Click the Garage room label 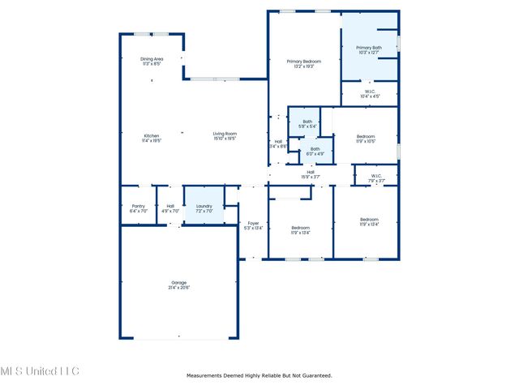pyautogui.click(x=178, y=283)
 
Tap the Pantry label pyautogui.click(x=138, y=206)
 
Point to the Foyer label pyautogui.click(x=253, y=222)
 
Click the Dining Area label pyautogui.click(x=152, y=59)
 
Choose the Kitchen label pyautogui.click(x=152, y=135)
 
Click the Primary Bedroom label pyautogui.click(x=303, y=62)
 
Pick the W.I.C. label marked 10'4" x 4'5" pyautogui.click(x=369, y=92)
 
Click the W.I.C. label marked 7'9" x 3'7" pyautogui.click(x=376, y=176)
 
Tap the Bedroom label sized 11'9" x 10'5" pyautogui.click(x=366, y=136)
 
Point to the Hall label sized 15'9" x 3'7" pyautogui.click(x=311, y=172)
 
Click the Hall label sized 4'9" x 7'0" pyautogui.click(x=170, y=206)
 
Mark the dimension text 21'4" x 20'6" pyautogui.click(x=178, y=288)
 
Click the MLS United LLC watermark pyautogui.click(x=40, y=371)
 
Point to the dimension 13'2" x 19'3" pyautogui.click(x=303, y=66)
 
